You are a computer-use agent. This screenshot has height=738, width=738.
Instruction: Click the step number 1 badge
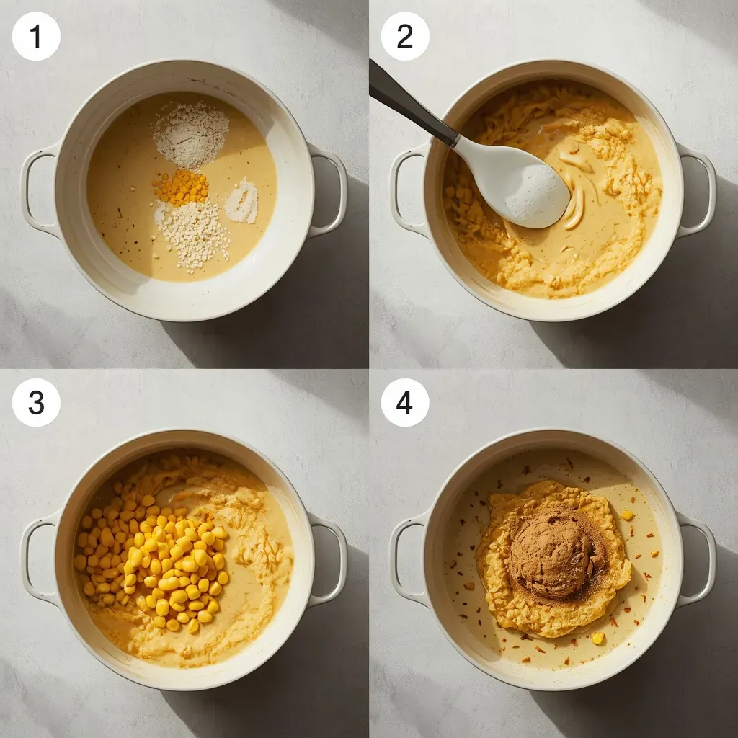point(36,36)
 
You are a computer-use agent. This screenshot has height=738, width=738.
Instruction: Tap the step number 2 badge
point(404,36)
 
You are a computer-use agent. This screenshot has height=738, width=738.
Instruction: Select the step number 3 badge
point(36,402)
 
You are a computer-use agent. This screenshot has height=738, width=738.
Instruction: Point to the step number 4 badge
point(404,402)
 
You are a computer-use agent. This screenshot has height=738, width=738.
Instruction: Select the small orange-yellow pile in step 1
point(180,187)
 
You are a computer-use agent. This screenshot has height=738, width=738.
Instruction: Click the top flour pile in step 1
point(191,133)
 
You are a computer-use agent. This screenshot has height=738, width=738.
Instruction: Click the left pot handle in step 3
point(36,559)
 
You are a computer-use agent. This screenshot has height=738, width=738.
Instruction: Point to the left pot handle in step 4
point(405,559)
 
